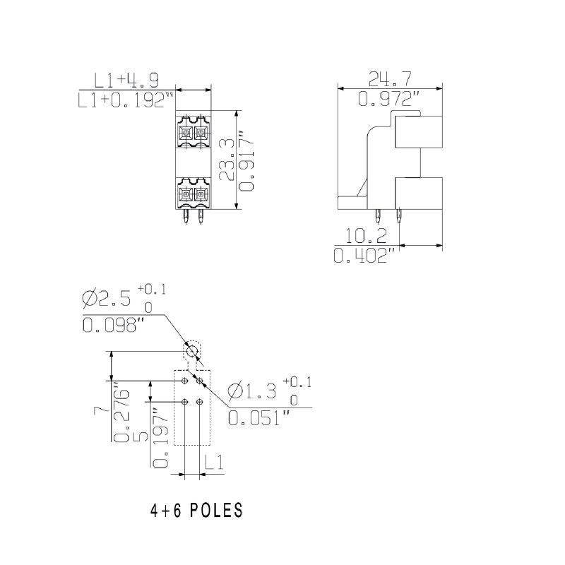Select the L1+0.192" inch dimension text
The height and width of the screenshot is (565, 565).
coord(126,101)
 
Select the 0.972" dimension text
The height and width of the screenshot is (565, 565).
coord(388,100)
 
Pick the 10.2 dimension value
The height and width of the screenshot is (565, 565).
coord(367,235)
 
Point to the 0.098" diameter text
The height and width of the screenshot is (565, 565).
coord(113,325)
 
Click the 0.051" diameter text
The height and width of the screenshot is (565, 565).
coord(258,418)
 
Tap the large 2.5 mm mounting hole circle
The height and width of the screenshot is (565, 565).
coord(191,351)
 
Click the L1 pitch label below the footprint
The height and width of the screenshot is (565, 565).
coord(215,463)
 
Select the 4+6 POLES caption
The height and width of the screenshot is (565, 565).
coord(196,511)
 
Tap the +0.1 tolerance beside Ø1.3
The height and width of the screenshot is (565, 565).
coord(297,382)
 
